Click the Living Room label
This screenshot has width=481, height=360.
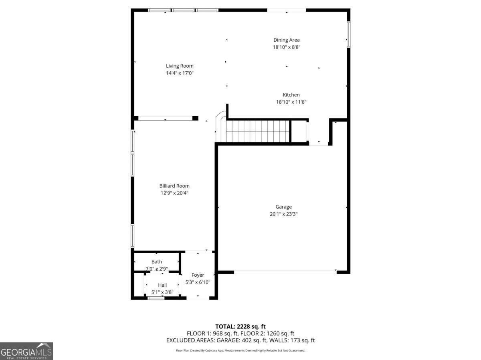click(x=180, y=66)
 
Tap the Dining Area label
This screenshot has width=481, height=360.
click(x=286, y=40)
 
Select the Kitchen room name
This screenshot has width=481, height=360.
click(x=291, y=95)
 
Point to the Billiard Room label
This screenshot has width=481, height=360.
click(x=174, y=186)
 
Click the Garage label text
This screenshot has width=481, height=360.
click(x=283, y=207)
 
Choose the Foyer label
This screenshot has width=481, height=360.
click(x=198, y=275)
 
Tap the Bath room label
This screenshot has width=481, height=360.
click(x=157, y=262)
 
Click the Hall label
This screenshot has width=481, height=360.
click(x=162, y=285)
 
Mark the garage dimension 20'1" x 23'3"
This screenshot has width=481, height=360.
click(x=283, y=214)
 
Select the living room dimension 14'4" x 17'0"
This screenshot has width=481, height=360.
click(x=180, y=73)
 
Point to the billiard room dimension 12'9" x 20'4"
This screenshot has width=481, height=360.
click(x=174, y=193)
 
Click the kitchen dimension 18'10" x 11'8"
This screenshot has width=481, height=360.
click(x=291, y=102)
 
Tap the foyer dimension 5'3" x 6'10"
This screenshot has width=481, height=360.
click(x=198, y=282)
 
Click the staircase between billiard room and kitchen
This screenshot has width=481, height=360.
click(x=257, y=131)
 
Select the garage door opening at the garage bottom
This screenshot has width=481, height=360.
click(x=285, y=272)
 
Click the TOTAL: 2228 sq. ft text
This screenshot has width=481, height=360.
click(x=240, y=326)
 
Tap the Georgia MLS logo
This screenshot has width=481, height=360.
click(x=26, y=351)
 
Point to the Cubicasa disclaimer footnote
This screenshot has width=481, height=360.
click(x=240, y=350)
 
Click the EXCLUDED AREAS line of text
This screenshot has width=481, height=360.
click(x=240, y=340)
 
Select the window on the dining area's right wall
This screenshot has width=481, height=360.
click(x=348, y=34)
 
